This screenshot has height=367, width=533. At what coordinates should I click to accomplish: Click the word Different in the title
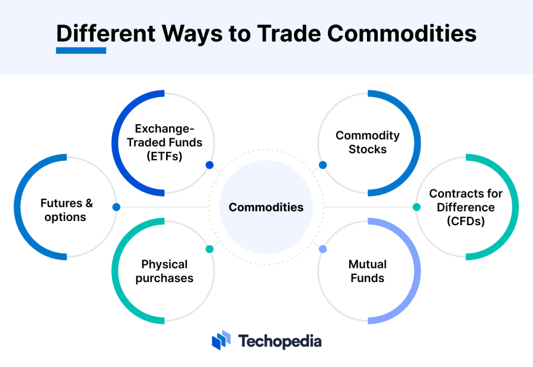pos(106,34)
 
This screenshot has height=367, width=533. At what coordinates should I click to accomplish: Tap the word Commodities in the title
pos(402,34)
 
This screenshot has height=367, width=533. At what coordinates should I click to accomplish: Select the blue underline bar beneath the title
pos(81,51)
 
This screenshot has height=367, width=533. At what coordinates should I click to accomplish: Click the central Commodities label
pos(266,207)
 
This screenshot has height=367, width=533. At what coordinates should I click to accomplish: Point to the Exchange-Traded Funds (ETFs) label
pos(164,142)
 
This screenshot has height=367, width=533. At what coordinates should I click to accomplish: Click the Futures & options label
pos(66,210)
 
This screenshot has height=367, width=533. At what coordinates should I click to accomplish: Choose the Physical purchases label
pos(164,271)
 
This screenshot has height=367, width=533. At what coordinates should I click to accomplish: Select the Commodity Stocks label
pos(368,142)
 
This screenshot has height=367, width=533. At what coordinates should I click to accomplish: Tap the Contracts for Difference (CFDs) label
pos(466,207)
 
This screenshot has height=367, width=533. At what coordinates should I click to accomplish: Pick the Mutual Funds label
pos(367,271)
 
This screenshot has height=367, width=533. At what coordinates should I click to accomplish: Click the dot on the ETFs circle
pos(210,165)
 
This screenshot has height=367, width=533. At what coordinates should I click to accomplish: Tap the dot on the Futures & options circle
pos(116,207)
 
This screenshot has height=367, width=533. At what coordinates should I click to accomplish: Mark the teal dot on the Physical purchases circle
pos(210,249)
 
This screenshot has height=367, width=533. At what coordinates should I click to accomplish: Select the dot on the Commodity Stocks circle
pos(323,165)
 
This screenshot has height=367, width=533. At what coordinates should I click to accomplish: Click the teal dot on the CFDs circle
pos(417,207)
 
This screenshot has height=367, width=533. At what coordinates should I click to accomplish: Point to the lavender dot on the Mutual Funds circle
pos(323,249)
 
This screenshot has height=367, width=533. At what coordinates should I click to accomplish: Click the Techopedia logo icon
pos(221,340)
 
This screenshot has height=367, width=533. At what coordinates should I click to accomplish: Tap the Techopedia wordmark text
pos(280,341)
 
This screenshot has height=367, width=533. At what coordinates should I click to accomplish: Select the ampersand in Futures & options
pos(89,203)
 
